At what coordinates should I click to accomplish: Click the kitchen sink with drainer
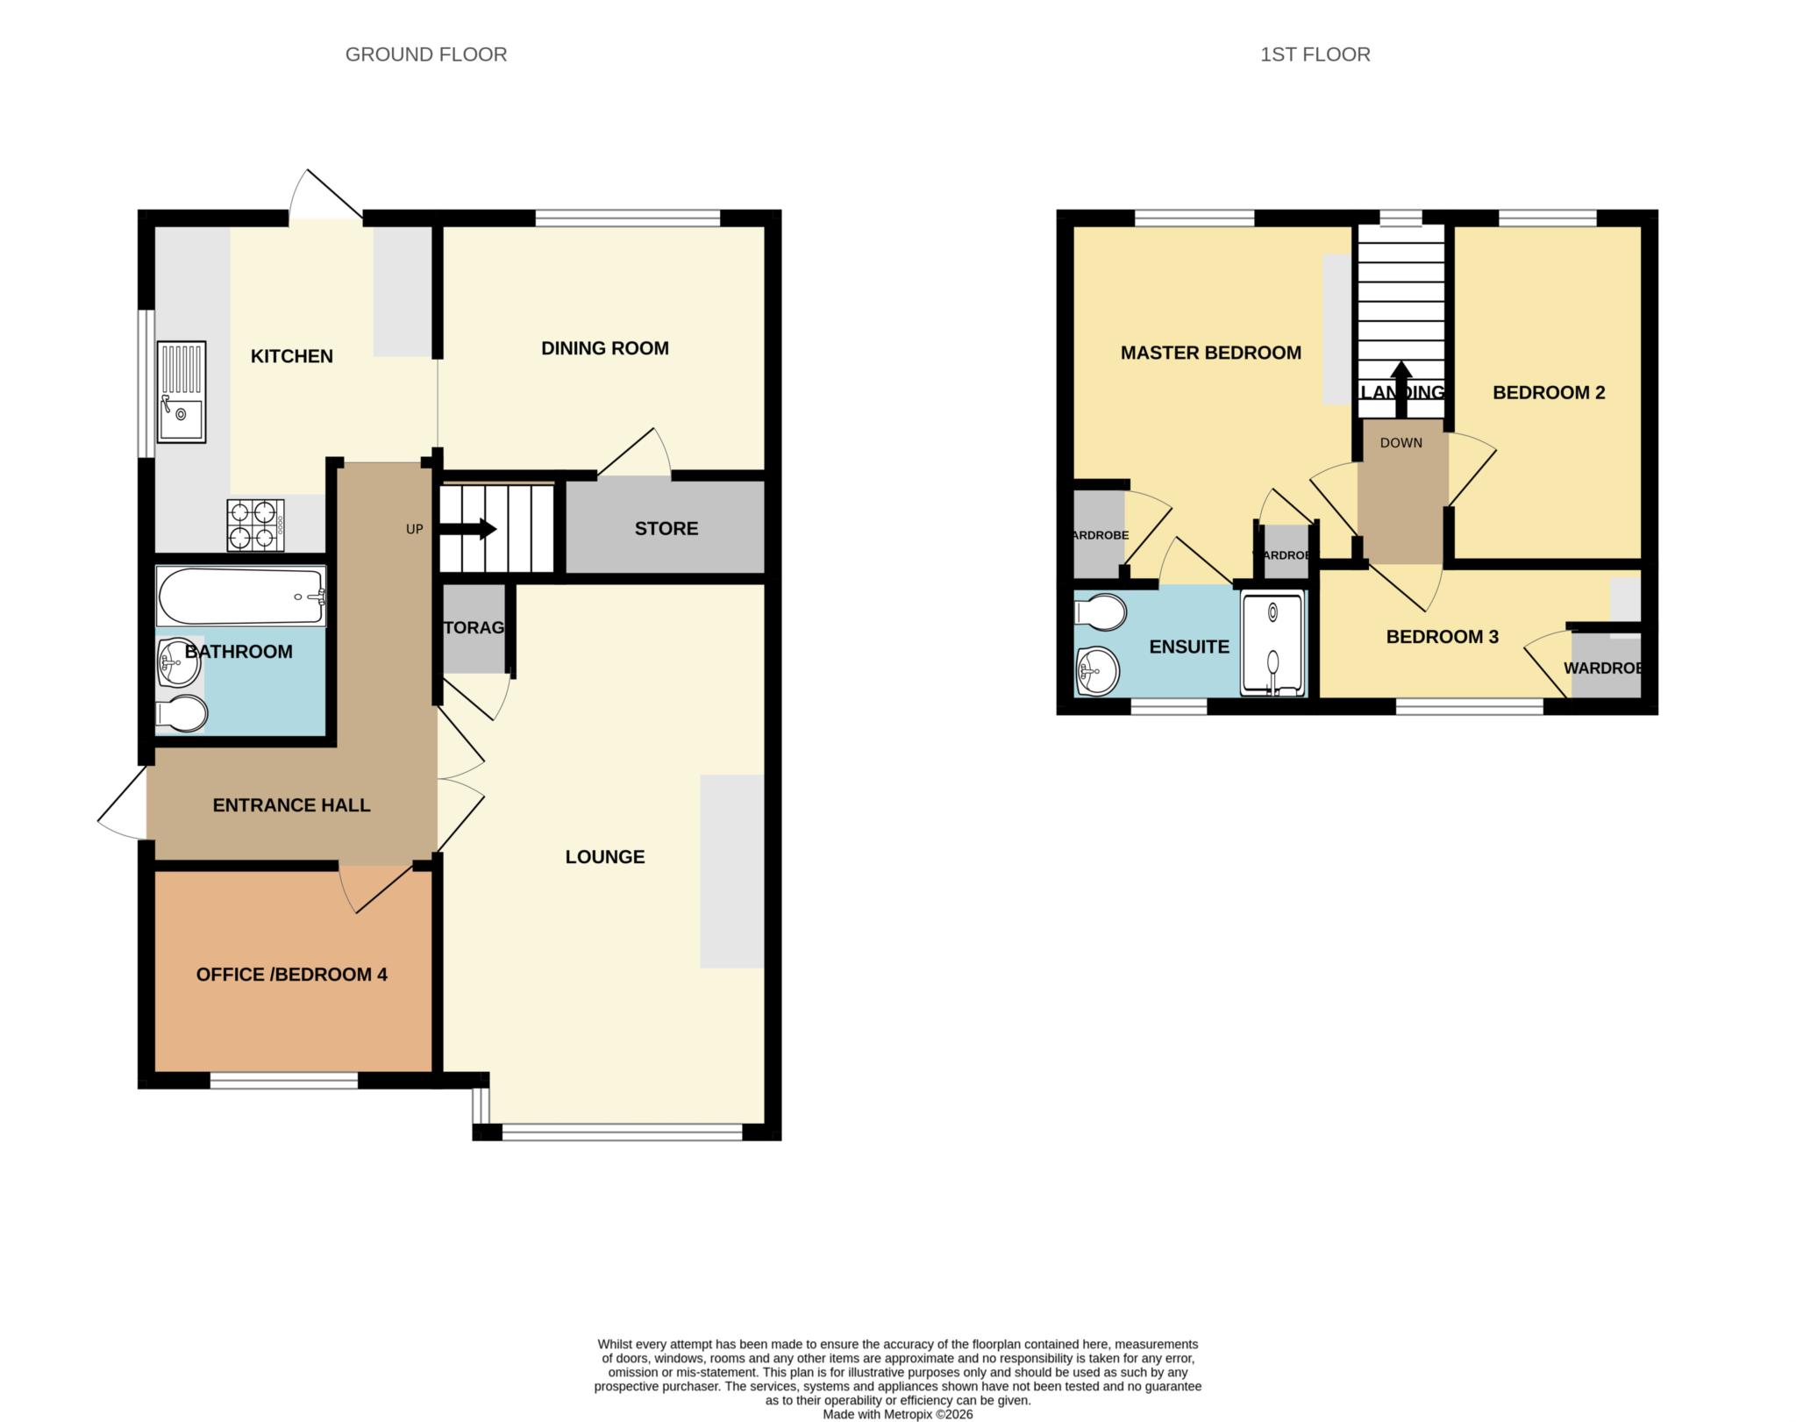click(182, 391)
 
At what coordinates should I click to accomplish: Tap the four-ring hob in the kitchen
click(255, 525)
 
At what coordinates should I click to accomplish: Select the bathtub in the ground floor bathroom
click(241, 597)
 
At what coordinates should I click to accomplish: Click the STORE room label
click(666, 528)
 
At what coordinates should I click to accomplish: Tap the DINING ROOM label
click(604, 348)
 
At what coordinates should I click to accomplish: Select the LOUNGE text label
click(604, 856)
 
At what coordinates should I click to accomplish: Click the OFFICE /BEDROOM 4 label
click(291, 974)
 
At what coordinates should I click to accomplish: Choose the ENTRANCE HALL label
click(291, 804)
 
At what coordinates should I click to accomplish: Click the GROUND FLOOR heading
click(425, 54)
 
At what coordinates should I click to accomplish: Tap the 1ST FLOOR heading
click(1315, 54)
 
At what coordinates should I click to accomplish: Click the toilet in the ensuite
click(1101, 612)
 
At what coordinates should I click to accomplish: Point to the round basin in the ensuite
click(1096, 671)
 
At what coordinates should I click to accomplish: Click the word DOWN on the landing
click(1400, 443)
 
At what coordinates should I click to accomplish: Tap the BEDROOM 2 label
click(1548, 392)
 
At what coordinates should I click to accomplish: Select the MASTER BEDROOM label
click(1210, 353)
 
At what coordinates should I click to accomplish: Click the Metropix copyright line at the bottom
click(897, 1414)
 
